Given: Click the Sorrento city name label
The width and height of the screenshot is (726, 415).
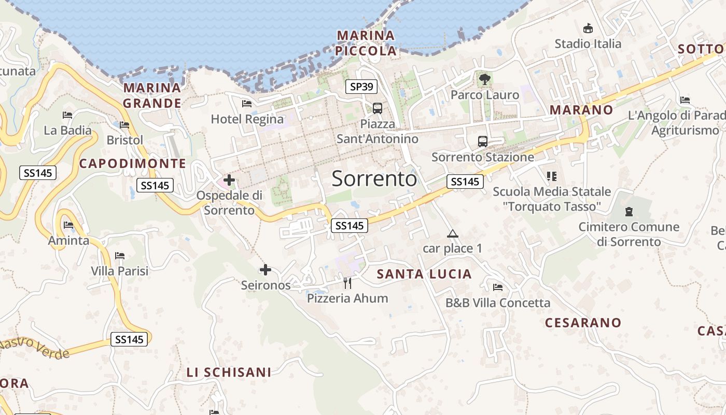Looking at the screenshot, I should (374, 179).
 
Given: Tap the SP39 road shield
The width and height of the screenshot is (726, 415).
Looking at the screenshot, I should (361, 87).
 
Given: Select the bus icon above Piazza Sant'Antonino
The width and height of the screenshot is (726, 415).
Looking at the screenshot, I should (377, 108).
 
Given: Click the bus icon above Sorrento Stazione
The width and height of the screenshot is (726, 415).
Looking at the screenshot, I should (482, 141).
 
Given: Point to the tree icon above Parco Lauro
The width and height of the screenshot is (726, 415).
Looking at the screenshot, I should (484, 79).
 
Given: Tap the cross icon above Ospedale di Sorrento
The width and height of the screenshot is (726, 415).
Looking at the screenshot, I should (229, 181).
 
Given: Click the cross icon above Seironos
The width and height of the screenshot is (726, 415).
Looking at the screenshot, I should (266, 270).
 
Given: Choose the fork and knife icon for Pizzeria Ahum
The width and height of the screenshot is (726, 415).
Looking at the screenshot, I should (347, 283).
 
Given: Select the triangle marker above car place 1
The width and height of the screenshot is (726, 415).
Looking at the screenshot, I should (453, 233).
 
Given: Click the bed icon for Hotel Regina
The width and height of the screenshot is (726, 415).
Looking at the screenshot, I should (247, 104).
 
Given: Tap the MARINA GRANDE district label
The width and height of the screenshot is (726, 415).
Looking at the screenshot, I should (152, 95).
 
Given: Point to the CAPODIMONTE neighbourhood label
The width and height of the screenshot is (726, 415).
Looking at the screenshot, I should (133, 163).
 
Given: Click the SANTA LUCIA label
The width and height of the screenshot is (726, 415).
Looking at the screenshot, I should (424, 274).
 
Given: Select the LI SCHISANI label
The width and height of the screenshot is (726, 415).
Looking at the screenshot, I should (229, 372).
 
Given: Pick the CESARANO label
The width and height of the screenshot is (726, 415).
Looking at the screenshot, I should (583, 323).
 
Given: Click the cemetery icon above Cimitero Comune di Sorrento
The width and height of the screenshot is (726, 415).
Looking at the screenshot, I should (629, 212).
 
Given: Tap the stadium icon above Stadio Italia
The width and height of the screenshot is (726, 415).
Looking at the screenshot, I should (588, 29).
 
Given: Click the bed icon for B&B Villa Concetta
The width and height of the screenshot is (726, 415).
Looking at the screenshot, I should (498, 287).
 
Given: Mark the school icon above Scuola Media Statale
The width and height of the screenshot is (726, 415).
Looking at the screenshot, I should (551, 176).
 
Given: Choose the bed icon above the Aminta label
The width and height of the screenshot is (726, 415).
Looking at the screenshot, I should (68, 225).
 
